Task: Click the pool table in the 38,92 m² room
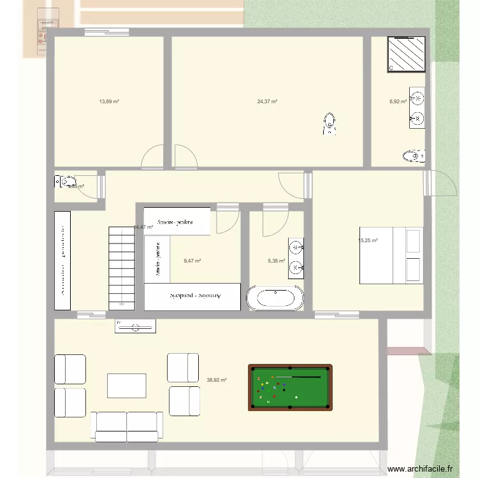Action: coord(290,387)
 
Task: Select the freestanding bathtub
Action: coord(275,298)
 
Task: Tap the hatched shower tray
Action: coord(407,53)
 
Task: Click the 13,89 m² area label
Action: coord(109,101)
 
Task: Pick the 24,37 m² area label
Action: coord(267,101)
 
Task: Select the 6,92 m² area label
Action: coord(398,101)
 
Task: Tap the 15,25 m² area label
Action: coord(368,241)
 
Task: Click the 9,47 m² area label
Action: coord(192,261)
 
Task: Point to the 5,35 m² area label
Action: coord(276,261)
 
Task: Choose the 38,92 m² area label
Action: coord(217,380)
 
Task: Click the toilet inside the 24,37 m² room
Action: coord(329,124)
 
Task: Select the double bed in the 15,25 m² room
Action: coord(391,255)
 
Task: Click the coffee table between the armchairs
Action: coord(126,385)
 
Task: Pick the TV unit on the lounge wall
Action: coord(135,326)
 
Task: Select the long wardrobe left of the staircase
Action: coord(63,260)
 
